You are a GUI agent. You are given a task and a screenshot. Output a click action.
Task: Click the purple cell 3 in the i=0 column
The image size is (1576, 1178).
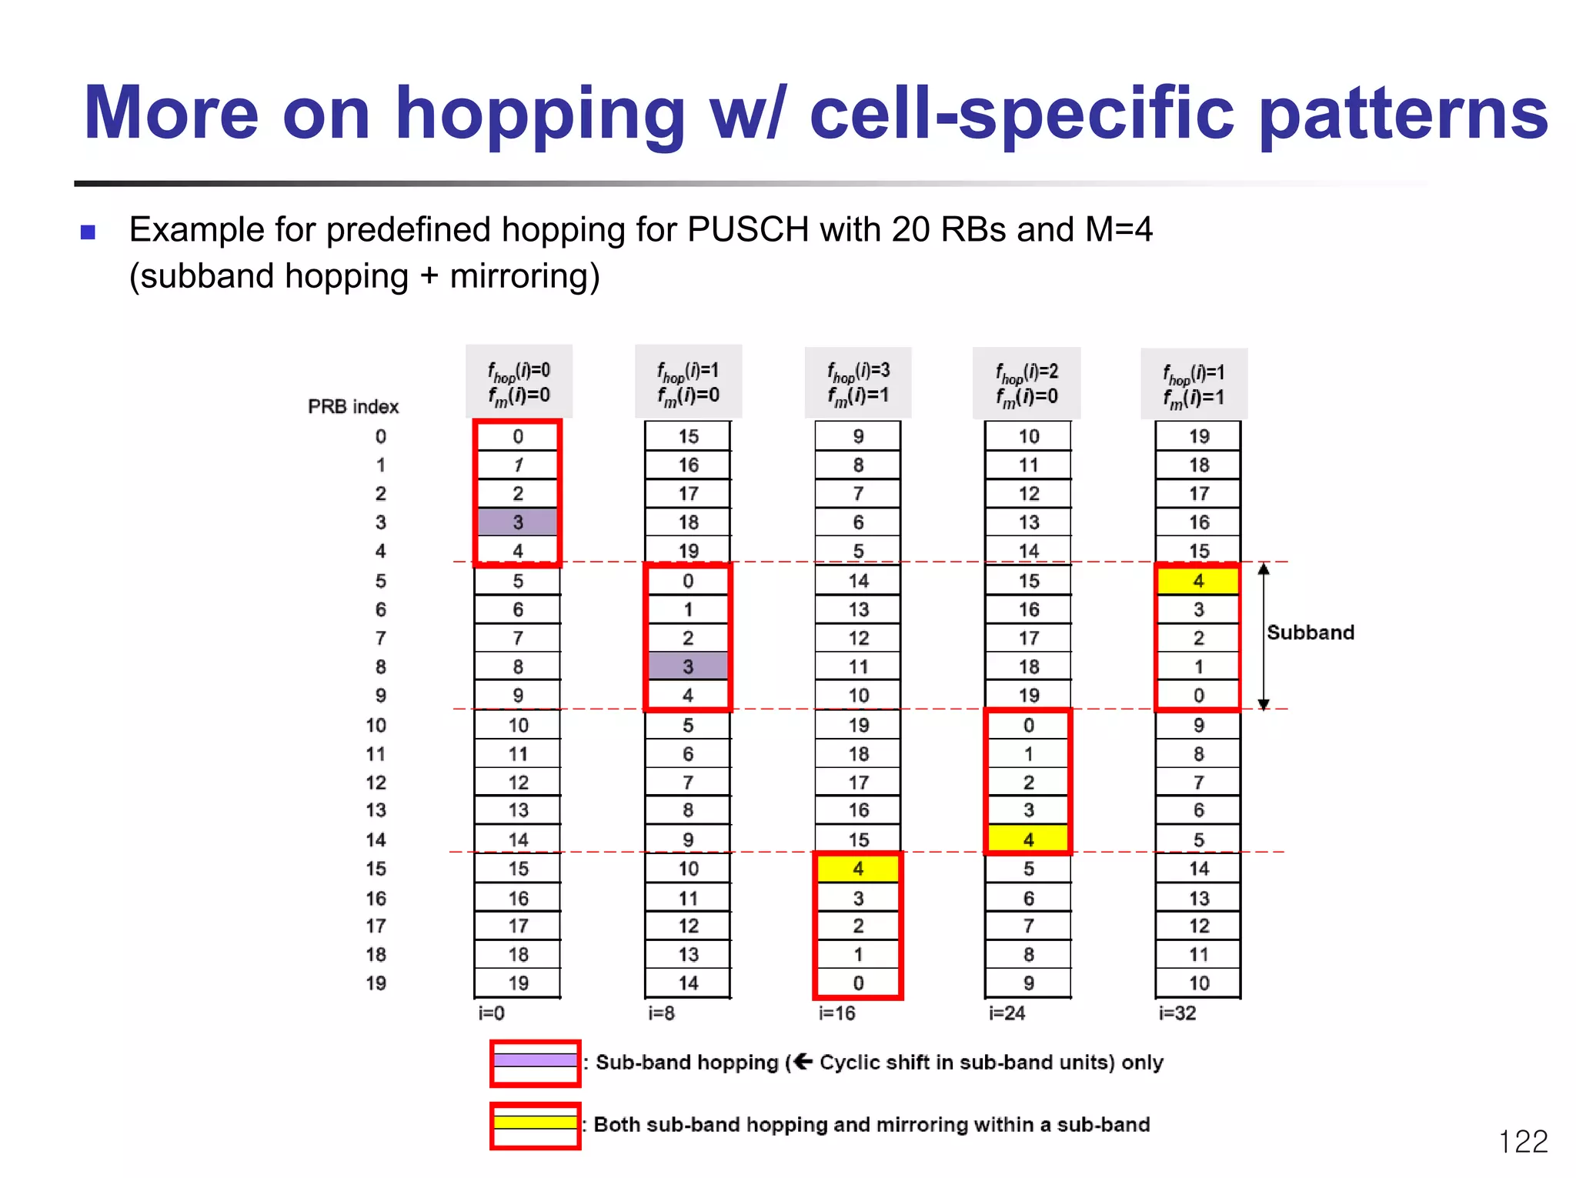[517, 522]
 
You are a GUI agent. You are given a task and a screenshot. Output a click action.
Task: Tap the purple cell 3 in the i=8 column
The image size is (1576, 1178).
[687, 666]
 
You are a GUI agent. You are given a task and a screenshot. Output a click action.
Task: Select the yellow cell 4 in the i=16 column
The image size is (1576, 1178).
[858, 869]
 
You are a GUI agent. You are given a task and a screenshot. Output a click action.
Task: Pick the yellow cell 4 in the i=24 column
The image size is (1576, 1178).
[1028, 839]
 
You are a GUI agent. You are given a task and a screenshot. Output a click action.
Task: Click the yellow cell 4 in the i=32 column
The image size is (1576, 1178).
[1198, 581]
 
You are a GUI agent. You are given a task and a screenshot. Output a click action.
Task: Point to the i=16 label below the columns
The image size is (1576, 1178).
[836, 1013]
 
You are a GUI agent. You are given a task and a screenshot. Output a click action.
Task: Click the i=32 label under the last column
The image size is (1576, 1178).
[1177, 1013]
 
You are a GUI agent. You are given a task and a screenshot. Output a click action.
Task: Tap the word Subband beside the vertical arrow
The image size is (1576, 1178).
[1310, 632]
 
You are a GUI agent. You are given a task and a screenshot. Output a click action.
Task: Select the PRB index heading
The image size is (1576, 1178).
[353, 406]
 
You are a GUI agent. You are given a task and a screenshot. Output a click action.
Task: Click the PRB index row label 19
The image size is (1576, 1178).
[376, 983]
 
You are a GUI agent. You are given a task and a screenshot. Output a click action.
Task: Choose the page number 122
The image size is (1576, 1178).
[1522, 1141]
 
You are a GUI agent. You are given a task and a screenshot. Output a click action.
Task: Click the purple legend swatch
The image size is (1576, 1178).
[535, 1060]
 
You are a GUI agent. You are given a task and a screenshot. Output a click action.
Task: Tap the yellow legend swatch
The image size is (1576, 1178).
[535, 1123]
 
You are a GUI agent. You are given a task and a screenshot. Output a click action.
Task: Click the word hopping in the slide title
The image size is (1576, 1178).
[539, 114]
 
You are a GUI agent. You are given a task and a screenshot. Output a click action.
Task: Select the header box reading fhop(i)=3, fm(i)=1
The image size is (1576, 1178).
[858, 382]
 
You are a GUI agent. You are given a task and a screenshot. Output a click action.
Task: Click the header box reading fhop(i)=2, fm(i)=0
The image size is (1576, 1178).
[1027, 382]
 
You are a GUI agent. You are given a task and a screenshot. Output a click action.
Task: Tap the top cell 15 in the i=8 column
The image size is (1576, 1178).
[688, 436]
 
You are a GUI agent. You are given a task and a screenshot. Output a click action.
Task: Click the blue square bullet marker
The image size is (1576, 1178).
[88, 232]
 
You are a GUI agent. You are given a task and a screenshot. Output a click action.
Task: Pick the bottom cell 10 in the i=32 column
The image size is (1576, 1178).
[1198, 983]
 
